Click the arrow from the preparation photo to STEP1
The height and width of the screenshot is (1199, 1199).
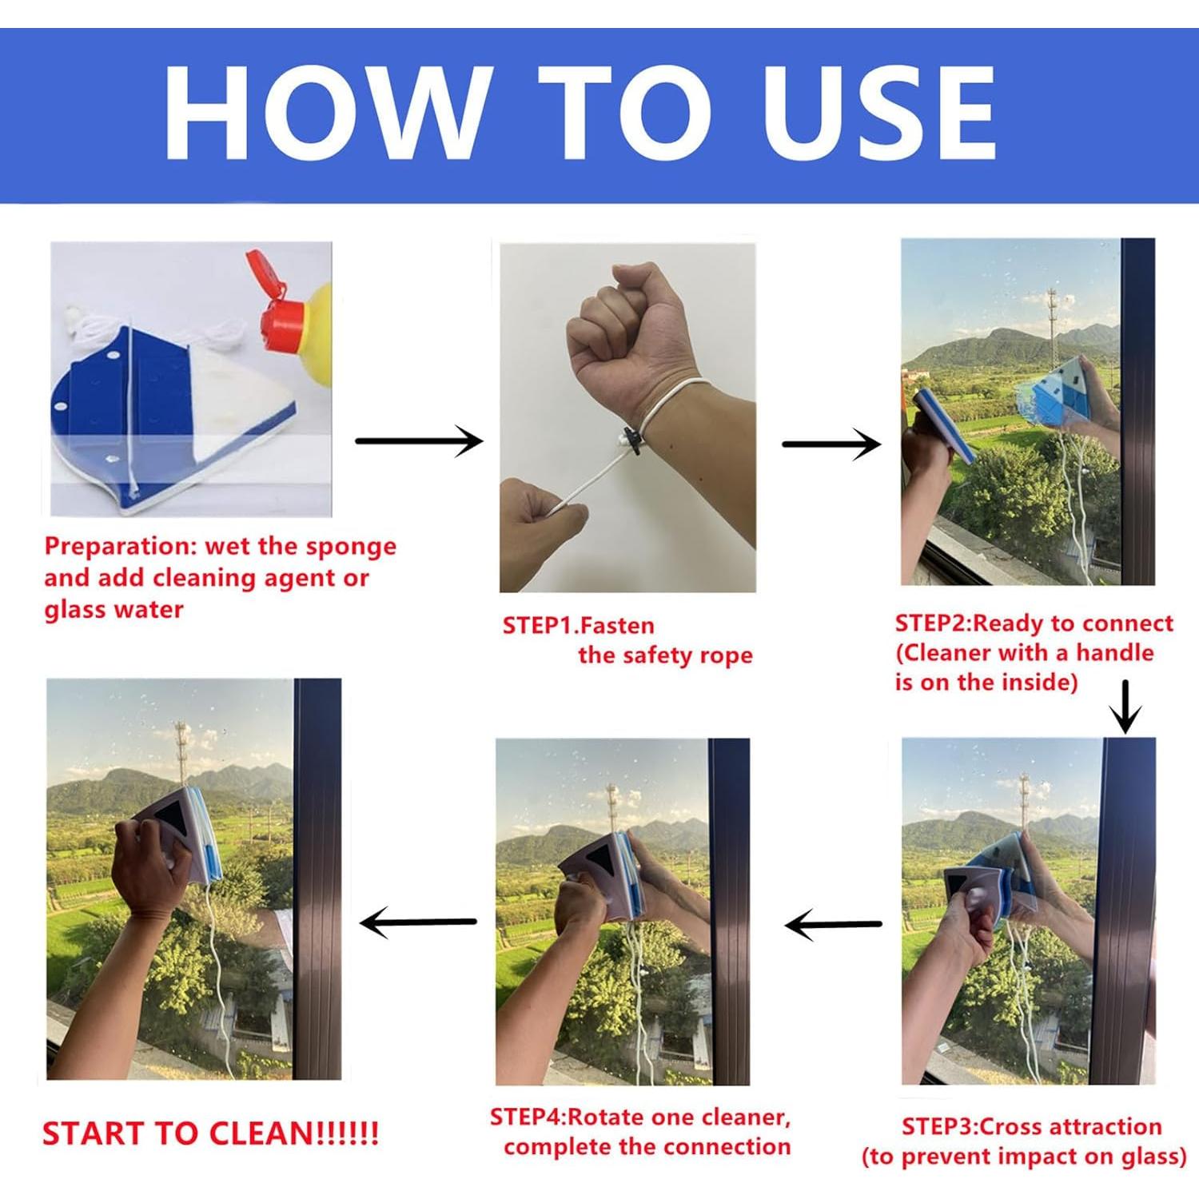pos(419,440)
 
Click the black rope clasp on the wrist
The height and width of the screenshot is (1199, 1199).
pos(631,441)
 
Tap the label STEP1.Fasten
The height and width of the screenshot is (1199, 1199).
pos(578,626)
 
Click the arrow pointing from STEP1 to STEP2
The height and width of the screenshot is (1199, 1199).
pos(831,444)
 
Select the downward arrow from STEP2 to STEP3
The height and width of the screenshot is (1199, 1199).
pos(1125,707)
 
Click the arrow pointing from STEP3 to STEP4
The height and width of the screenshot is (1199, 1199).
pos(833,925)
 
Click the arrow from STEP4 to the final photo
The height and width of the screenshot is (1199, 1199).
pos(418,923)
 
